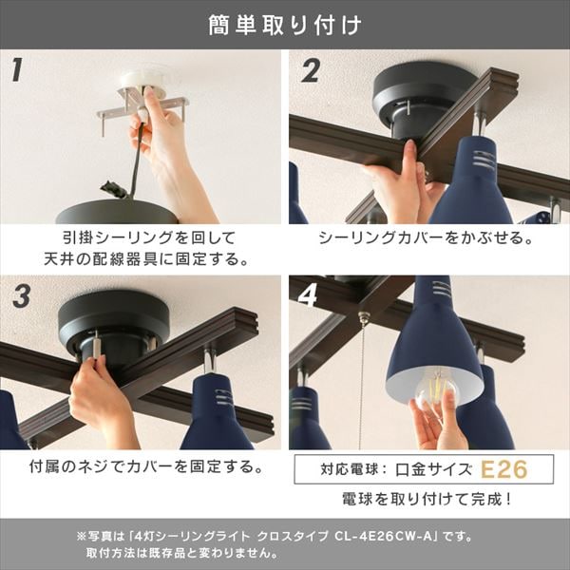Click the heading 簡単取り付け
(285, 25)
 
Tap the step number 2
(310, 70)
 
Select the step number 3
(19, 296)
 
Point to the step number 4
(310, 296)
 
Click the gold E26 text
(503, 469)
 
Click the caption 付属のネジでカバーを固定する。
(142, 468)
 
